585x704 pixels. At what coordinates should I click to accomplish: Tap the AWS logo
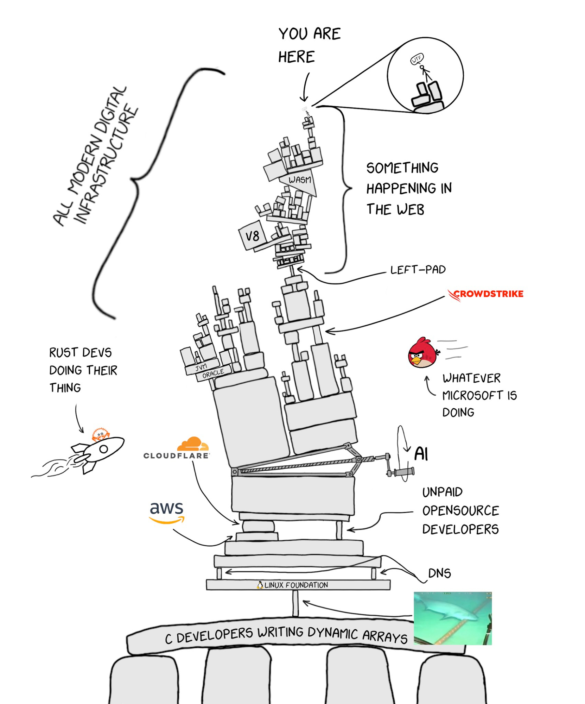tap(166, 512)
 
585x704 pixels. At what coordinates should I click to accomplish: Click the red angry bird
tap(422, 353)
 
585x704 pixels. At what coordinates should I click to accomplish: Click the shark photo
tap(452, 618)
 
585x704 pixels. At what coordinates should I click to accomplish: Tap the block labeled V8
tap(252, 236)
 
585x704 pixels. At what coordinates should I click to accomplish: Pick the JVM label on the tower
tap(201, 367)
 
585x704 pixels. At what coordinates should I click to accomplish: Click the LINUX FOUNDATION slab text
tap(296, 585)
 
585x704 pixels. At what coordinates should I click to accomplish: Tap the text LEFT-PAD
tap(418, 270)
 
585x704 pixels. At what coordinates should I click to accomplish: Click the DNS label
tap(439, 573)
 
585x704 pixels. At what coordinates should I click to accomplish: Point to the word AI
tap(421, 454)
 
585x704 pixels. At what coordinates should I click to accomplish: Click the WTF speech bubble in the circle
tap(417, 59)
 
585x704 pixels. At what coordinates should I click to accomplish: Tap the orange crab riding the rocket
tap(100, 434)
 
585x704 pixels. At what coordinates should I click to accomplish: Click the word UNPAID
tap(442, 492)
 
